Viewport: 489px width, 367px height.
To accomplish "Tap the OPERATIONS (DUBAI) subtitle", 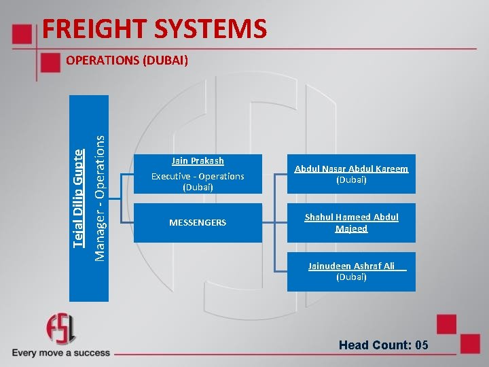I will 127,60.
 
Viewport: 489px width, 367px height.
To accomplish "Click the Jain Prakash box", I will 198,175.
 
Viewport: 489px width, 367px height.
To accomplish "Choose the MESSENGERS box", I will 198,223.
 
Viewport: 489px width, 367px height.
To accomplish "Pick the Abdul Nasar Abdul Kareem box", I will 351,175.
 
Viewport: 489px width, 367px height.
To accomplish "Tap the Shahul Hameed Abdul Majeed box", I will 351,223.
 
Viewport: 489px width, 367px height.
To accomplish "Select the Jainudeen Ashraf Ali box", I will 351,272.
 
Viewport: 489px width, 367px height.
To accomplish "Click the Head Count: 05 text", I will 384,345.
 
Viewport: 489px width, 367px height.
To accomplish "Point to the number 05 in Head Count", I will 421,345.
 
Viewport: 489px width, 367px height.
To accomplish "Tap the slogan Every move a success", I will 60,353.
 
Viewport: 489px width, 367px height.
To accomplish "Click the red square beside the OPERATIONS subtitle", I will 51,63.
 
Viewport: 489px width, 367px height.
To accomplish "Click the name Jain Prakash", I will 198,161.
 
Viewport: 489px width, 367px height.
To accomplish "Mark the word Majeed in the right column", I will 351,229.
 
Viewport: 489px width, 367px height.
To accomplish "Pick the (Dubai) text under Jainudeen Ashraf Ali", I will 351,277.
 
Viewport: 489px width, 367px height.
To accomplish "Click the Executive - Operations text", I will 198,176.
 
